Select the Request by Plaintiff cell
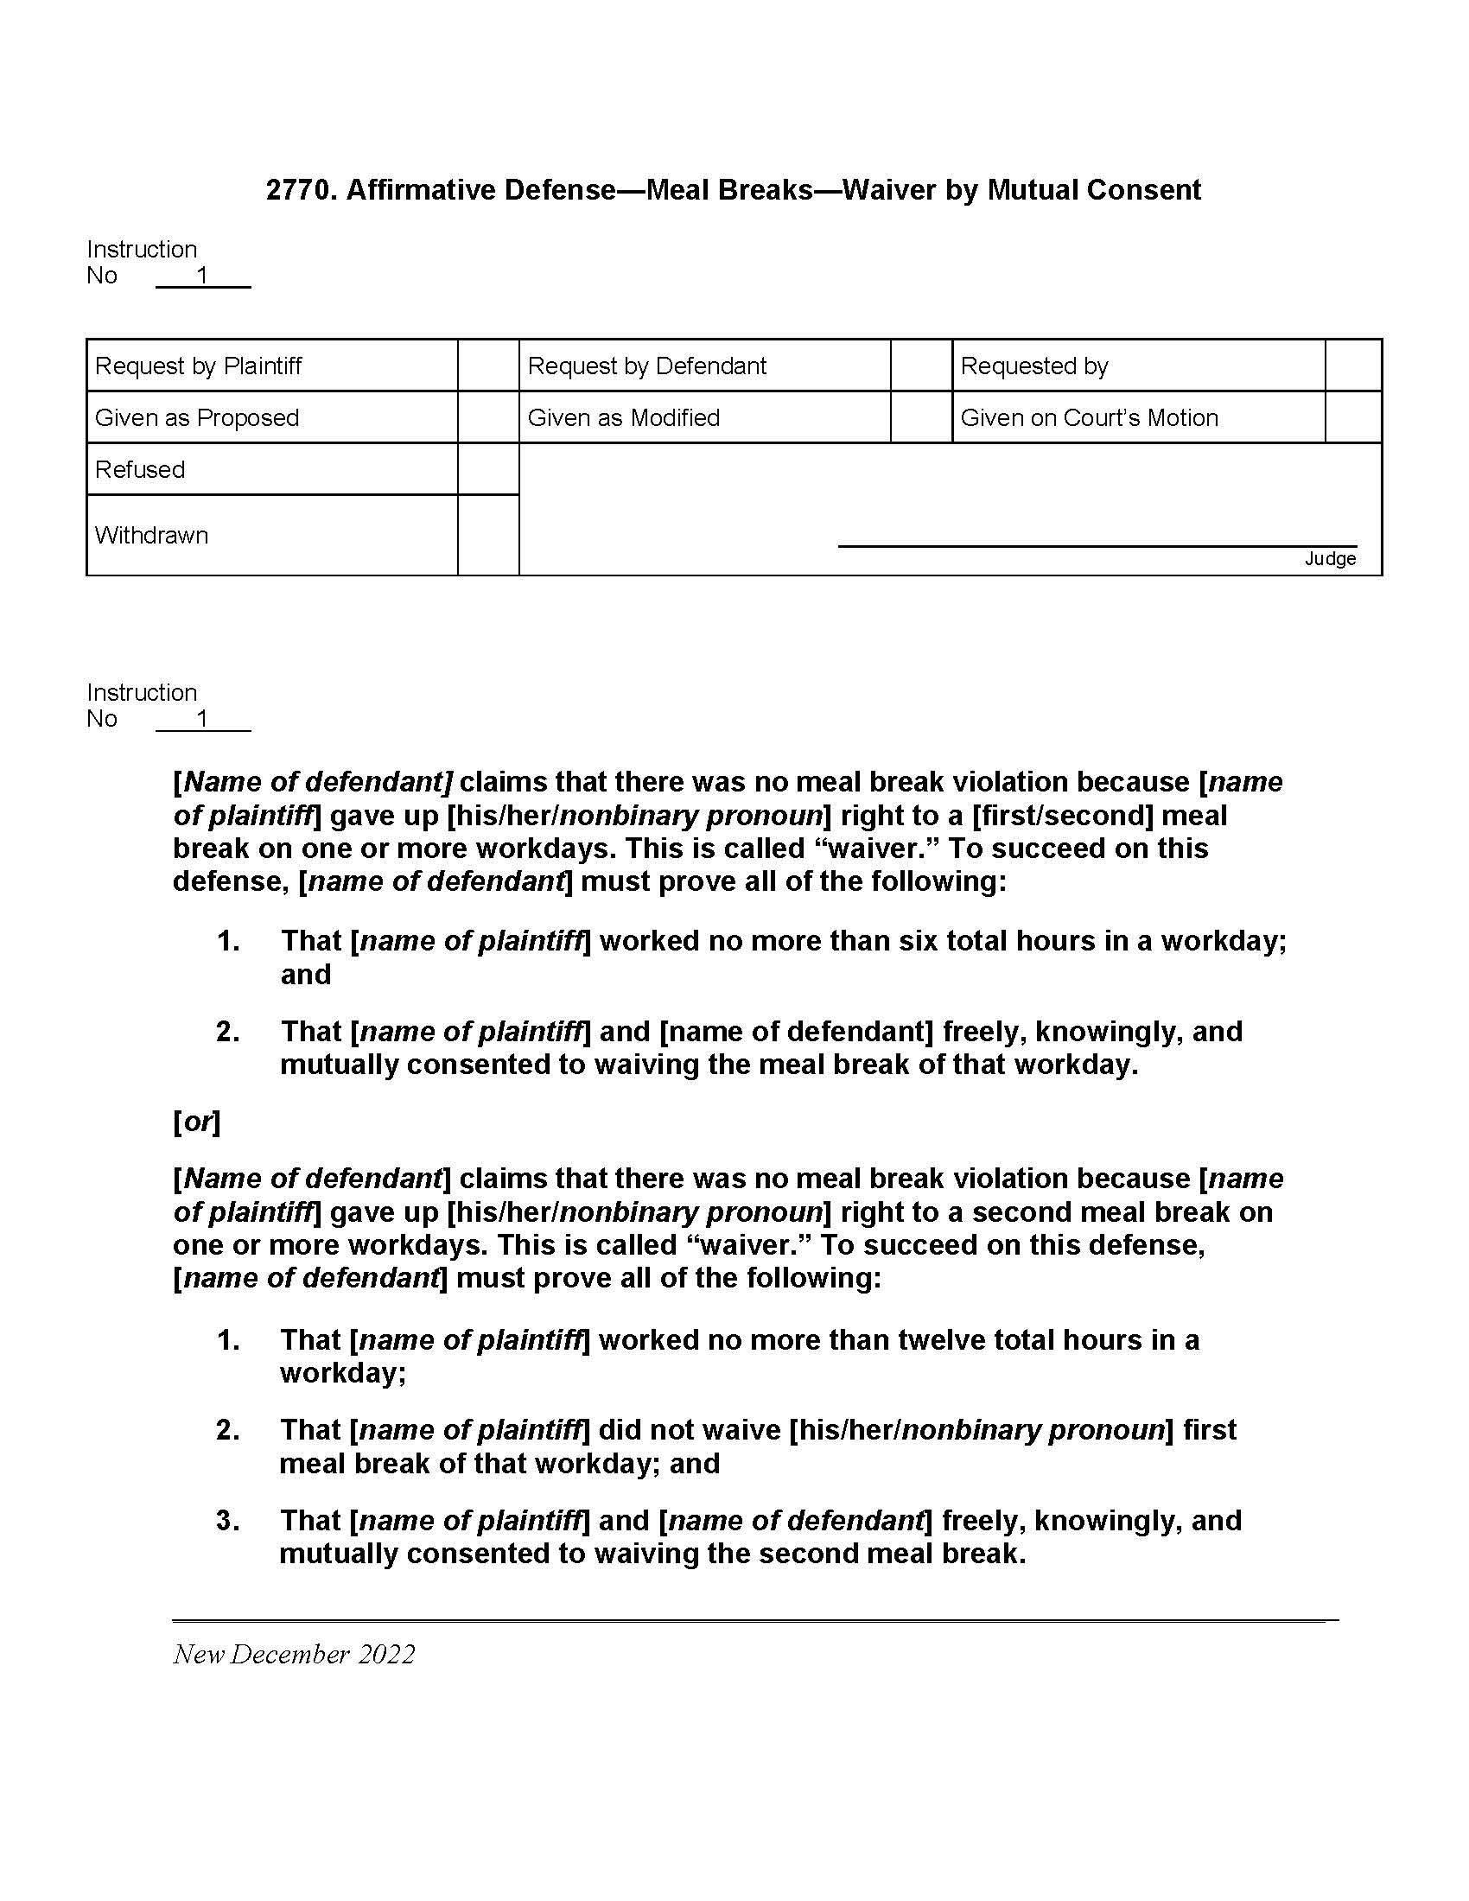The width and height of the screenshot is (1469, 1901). [199, 366]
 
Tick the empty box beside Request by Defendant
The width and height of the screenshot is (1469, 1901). [921, 366]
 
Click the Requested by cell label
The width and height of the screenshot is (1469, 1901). [1033, 366]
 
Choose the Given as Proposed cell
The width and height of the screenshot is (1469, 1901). [197, 418]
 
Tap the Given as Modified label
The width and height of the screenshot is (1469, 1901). [623, 418]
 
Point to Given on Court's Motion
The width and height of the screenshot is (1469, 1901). [1089, 418]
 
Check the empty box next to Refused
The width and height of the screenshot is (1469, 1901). [488, 469]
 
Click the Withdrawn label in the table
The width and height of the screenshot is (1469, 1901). [151, 536]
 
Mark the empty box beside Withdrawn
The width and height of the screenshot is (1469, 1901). [488, 536]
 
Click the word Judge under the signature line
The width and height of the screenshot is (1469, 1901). [1330, 559]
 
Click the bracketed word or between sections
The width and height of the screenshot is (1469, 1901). [197, 1122]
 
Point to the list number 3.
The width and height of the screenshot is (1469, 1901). [227, 1521]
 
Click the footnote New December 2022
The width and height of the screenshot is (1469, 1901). [294, 1654]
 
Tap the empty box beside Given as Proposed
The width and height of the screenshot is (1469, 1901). [488, 418]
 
